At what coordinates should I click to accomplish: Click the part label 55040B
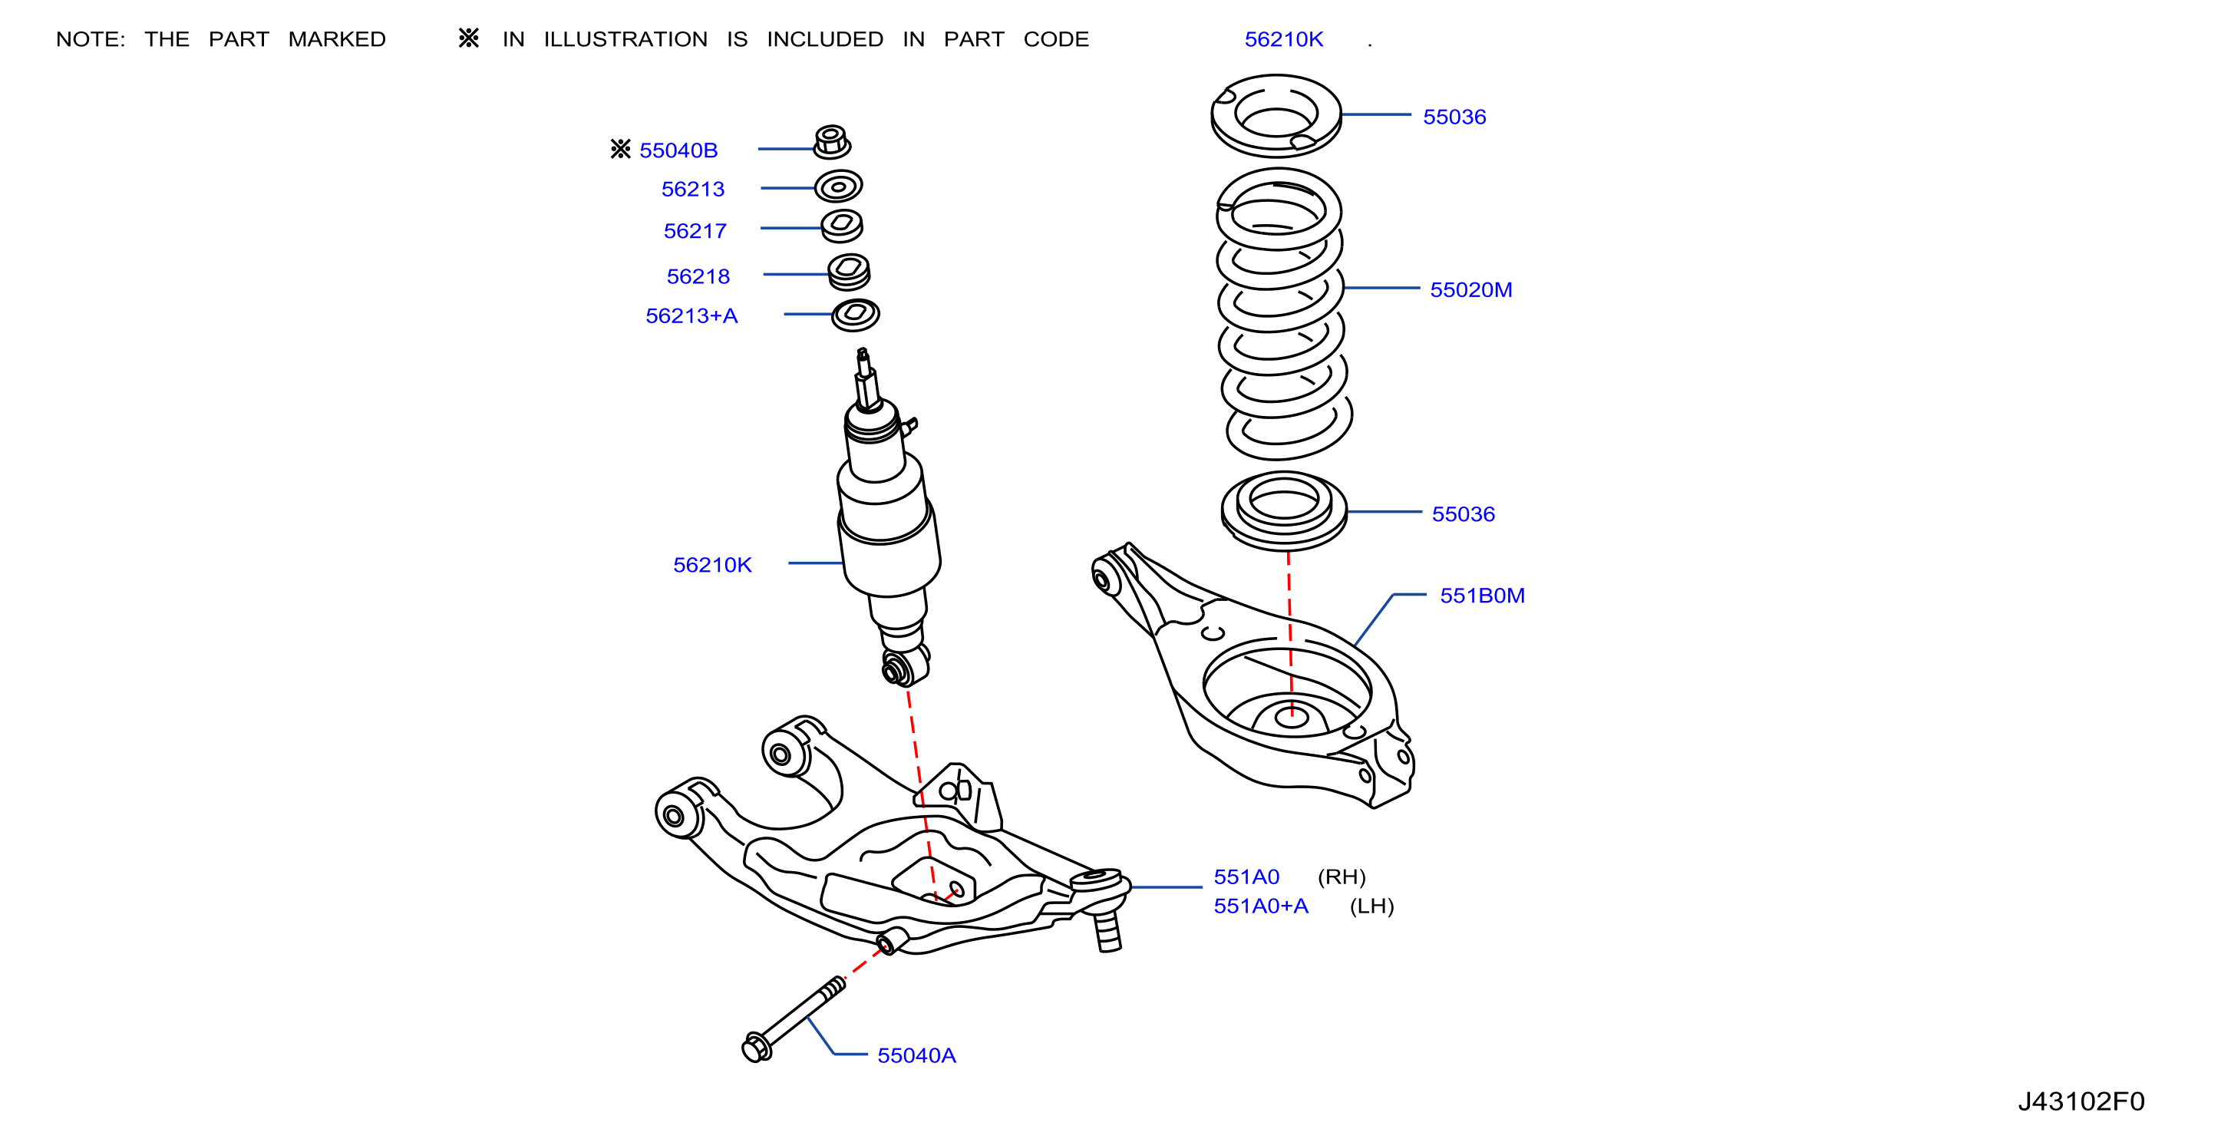point(678,150)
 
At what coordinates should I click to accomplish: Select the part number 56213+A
point(691,316)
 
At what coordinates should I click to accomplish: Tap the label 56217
point(695,231)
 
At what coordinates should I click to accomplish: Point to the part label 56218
point(698,276)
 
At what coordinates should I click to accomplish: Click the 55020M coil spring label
point(1470,290)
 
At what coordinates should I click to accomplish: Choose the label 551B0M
point(1482,596)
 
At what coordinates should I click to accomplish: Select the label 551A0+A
point(1260,906)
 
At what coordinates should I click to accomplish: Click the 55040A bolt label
point(916,1056)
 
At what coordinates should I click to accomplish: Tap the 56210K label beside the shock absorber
point(712,566)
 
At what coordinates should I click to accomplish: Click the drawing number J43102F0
point(2081,1101)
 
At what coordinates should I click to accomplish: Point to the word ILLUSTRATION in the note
point(625,40)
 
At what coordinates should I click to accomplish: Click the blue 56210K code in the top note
point(1283,40)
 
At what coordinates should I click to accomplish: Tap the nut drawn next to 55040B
point(831,142)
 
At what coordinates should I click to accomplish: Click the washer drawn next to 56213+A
point(856,315)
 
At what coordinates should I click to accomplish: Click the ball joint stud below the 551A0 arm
point(1107,931)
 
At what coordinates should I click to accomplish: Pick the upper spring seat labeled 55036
point(1276,115)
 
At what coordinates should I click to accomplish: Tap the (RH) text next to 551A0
point(1342,877)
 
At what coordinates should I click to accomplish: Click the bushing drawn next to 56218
point(849,272)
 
